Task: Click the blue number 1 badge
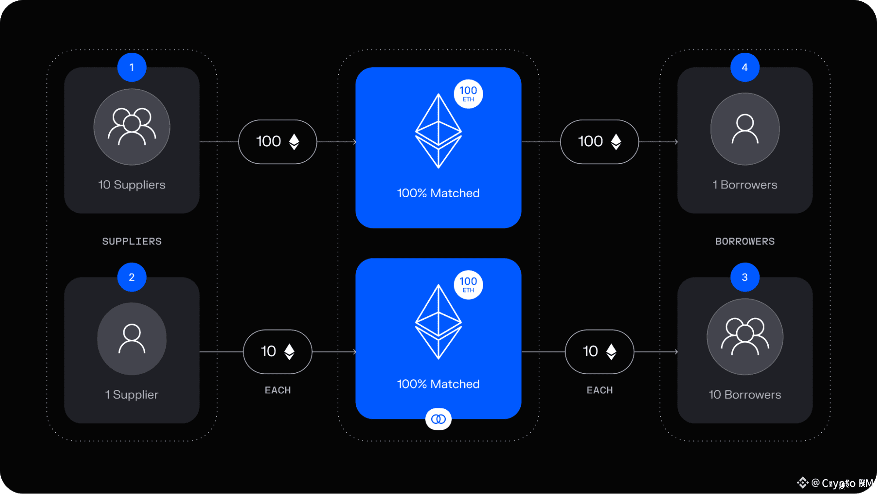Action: coord(132,67)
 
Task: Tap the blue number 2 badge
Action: coord(132,277)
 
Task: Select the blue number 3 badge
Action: coord(745,277)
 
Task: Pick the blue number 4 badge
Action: coord(745,67)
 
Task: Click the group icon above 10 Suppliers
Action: coord(132,127)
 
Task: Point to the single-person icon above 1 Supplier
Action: coord(132,339)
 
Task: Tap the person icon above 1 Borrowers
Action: coord(745,129)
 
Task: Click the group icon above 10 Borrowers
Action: coord(745,336)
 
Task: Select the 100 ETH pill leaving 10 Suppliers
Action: coord(277,141)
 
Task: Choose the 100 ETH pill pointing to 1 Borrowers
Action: coord(599,141)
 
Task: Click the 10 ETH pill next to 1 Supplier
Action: coord(277,351)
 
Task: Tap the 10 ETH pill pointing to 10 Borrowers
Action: coord(599,351)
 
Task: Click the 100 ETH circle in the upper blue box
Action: coord(468,94)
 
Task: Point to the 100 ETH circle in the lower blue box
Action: coord(468,285)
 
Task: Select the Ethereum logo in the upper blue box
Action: coord(438,131)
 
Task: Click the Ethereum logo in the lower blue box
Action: coord(438,322)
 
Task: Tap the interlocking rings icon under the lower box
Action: coord(438,419)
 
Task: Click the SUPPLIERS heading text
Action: coord(132,241)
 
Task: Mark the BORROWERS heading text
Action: coord(745,241)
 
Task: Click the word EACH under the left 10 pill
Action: coord(277,390)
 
